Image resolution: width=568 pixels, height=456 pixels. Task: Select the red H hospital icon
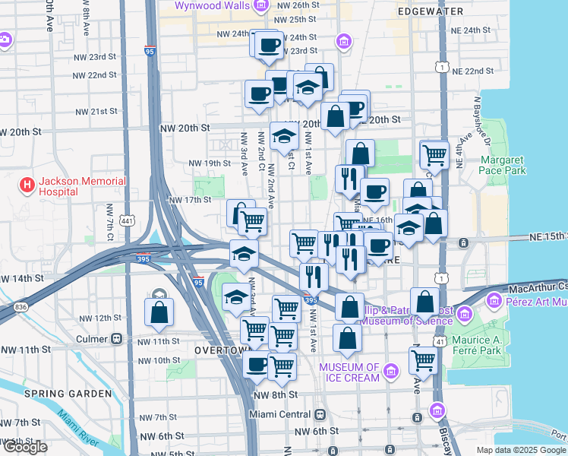click(x=27, y=185)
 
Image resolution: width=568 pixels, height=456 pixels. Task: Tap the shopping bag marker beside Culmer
click(x=159, y=312)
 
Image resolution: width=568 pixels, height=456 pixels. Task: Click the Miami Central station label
click(x=280, y=414)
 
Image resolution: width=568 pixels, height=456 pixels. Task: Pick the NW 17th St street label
click(x=189, y=200)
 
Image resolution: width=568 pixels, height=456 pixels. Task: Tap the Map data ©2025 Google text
click(x=521, y=450)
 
